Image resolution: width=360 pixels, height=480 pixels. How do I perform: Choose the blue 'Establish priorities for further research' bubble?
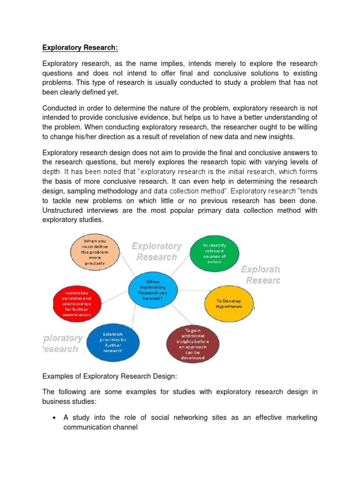click(x=112, y=342)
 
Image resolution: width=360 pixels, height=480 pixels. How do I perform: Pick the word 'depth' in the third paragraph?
click(x=51, y=172)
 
